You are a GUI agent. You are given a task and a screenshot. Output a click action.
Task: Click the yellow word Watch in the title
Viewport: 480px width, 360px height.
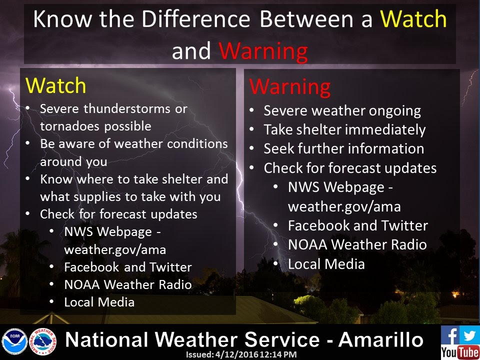coord(413,19)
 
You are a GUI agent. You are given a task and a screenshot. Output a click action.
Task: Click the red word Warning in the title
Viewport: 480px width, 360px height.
coord(263,51)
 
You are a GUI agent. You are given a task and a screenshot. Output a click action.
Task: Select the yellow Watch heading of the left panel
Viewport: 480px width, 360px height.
coord(55,85)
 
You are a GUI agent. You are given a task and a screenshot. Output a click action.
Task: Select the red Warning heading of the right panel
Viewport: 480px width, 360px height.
coord(289,87)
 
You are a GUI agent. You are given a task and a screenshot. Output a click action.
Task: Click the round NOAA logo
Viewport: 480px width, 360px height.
coord(14,341)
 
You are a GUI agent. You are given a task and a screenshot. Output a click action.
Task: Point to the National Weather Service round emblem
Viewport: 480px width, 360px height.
coord(43,341)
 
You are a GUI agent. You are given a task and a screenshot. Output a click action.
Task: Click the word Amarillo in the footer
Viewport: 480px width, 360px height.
coord(380,340)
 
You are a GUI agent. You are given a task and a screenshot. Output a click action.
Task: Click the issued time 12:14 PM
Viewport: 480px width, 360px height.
coord(278,354)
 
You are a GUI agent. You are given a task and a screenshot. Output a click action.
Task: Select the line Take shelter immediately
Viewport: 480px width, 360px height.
coord(344,130)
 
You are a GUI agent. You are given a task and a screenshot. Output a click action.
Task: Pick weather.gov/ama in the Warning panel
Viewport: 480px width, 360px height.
coord(344,207)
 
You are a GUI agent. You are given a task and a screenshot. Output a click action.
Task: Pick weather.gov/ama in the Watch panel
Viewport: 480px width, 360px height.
coord(115,250)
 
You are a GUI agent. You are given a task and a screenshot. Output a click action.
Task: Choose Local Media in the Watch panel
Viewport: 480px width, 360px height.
coord(99,302)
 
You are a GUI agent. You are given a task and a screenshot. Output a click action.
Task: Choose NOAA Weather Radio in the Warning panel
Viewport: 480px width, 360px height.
coord(357,244)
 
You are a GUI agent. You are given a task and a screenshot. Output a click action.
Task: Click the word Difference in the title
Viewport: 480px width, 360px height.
coord(196,19)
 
